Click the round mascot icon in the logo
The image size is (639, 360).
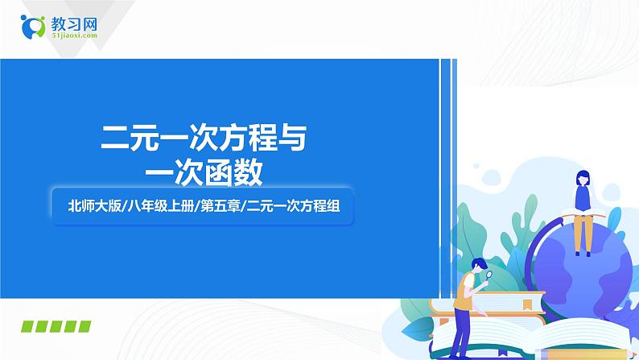(x=35, y=26)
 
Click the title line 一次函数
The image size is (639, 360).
(x=204, y=172)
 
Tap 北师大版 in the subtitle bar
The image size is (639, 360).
(x=94, y=206)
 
